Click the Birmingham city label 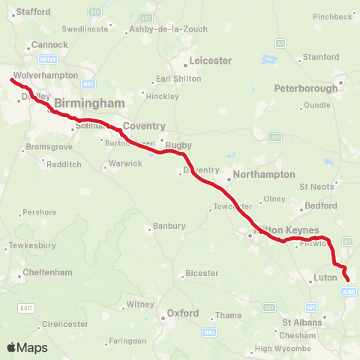[x=89, y=103]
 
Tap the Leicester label [x=211, y=61]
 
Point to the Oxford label [x=182, y=313]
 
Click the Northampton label [x=264, y=174]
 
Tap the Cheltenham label [x=49, y=272]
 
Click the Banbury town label [x=169, y=225]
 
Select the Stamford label [x=320, y=57]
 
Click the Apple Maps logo [x=27, y=347]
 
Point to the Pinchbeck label [x=331, y=16]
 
